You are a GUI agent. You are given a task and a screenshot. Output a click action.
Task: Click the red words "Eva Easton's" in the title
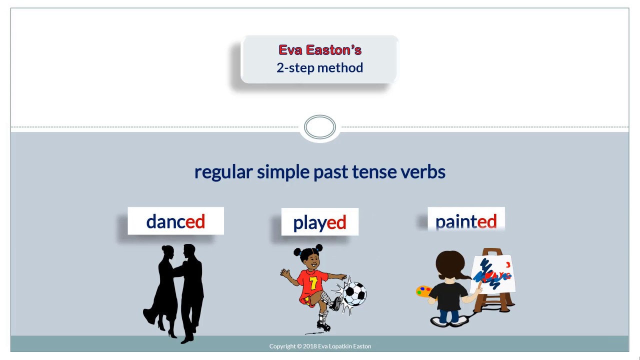(x=320, y=50)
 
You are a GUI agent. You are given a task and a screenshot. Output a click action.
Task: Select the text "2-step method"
(x=320, y=67)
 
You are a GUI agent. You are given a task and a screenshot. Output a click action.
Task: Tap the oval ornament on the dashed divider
(x=320, y=127)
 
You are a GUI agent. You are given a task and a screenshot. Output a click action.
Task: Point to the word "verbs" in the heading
(x=423, y=171)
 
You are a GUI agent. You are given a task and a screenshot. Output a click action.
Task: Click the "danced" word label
(x=175, y=221)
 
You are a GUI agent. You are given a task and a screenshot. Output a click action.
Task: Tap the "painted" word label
(x=466, y=221)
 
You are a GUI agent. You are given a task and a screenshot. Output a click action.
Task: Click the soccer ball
(x=354, y=293)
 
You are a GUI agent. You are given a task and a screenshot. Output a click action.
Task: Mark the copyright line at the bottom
(x=320, y=346)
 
